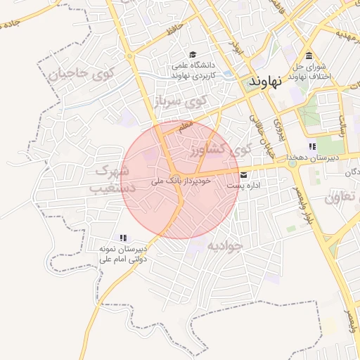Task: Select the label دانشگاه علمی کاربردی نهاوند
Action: click(x=193, y=70)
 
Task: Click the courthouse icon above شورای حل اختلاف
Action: click(x=309, y=57)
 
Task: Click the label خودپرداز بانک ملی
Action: click(x=172, y=181)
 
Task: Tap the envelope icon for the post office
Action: click(x=244, y=174)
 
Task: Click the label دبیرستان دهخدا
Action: click(x=312, y=158)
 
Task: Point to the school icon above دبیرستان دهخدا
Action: click(x=312, y=146)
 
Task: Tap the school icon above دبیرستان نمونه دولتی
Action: click(x=123, y=238)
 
